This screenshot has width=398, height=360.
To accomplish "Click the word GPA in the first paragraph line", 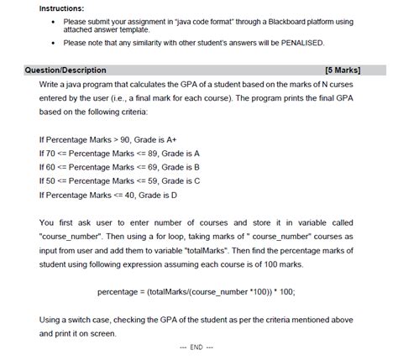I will (x=196, y=86).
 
